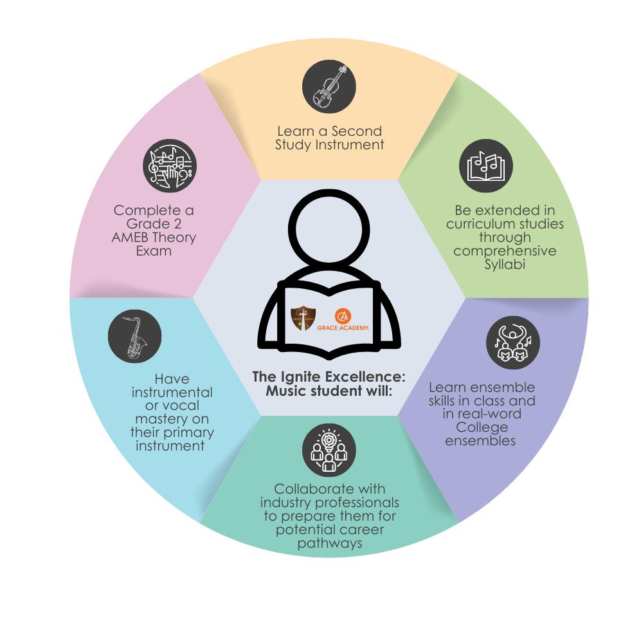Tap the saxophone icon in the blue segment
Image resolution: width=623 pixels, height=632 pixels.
pos(134,336)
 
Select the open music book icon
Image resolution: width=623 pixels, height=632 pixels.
pos(486,165)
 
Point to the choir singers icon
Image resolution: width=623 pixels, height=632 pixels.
pos(512,342)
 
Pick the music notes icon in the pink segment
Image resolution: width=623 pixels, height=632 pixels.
pos(169,165)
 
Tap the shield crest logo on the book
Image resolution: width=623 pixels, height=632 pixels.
pos(303,319)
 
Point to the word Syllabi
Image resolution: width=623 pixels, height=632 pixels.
pos(505,265)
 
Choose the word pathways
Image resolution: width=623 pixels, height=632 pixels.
pos(329,544)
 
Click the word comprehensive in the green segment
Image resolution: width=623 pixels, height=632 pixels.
pos(505,251)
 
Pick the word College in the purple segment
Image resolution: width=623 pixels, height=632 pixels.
pos(482,427)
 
